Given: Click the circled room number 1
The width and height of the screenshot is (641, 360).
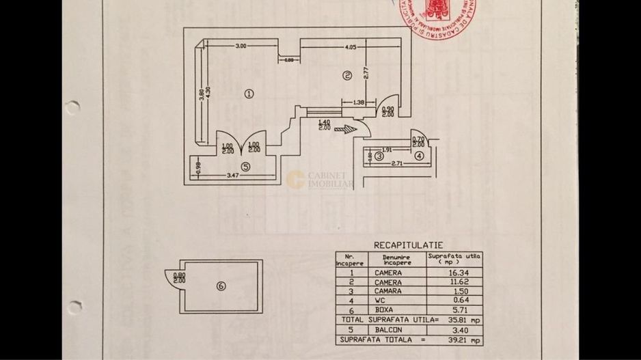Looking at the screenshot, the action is click(249, 94).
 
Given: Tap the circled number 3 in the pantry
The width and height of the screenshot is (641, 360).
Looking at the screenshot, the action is click(379, 156).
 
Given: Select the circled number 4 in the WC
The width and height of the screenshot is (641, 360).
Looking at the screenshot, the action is click(419, 156).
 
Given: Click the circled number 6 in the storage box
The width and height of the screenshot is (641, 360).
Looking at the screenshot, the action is click(220, 286).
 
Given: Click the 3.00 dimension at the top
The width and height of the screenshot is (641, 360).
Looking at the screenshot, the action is click(241, 46).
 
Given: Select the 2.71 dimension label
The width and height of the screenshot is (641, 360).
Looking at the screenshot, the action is click(390, 165).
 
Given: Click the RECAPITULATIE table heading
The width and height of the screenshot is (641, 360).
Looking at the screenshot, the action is click(408, 245).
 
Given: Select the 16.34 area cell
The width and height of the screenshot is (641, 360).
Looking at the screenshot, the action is click(454, 273).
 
